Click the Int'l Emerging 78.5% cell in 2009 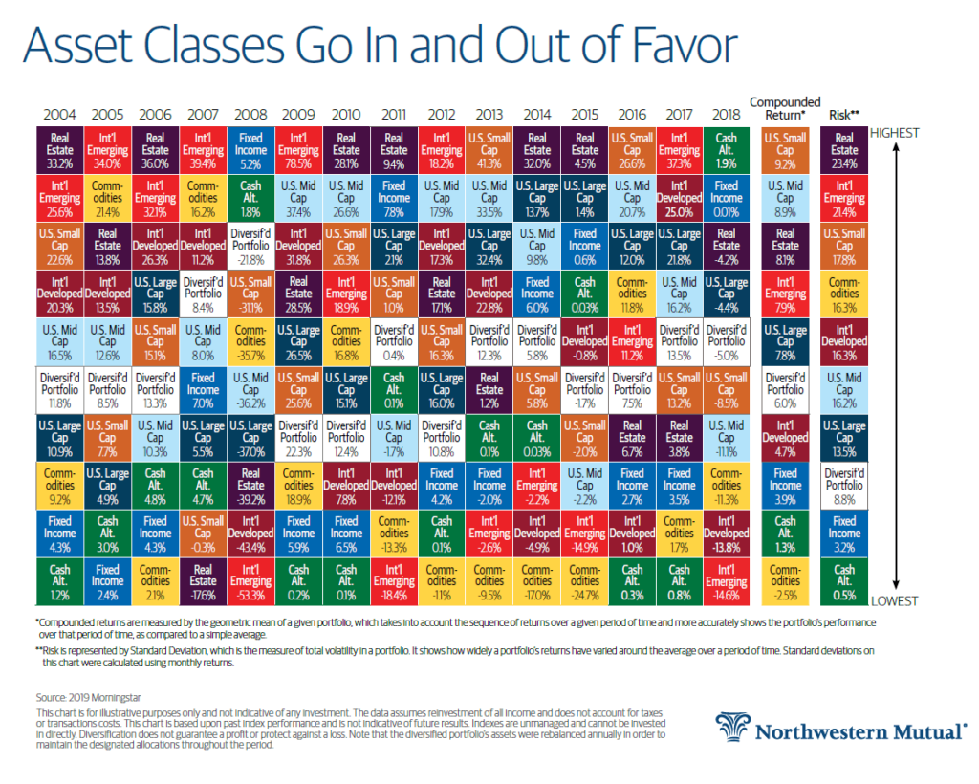pyautogui.click(x=298, y=150)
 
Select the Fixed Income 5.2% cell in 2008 pyautogui.click(x=250, y=150)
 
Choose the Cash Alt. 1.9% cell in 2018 pyautogui.click(x=727, y=150)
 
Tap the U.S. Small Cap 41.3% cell pyautogui.click(x=489, y=150)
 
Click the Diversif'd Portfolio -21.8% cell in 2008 pyautogui.click(x=250, y=245)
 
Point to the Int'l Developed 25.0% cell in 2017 pyautogui.click(x=679, y=198)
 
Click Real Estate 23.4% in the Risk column pyautogui.click(x=844, y=150)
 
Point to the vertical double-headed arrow pyautogui.click(x=895, y=363)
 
